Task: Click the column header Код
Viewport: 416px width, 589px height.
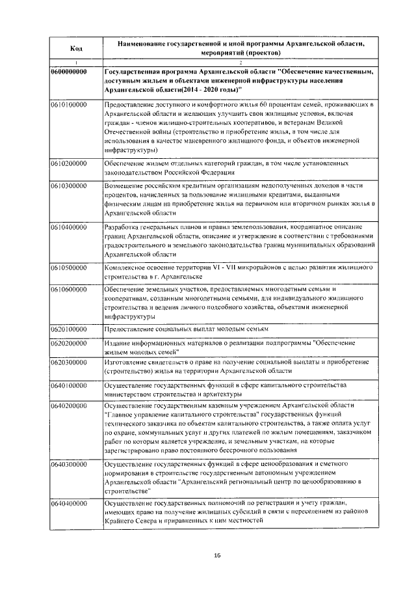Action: pyautogui.click(x=75, y=48)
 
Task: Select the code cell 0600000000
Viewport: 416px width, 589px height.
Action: pyautogui.click(x=69, y=71)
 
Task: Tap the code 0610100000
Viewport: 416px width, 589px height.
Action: pyautogui.click(x=69, y=104)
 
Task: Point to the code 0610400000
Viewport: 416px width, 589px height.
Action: pyautogui.click(x=69, y=226)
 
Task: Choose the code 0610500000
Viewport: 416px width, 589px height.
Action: pyautogui.click(x=69, y=267)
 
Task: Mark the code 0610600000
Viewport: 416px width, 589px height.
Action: pyautogui.click(x=69, y=289)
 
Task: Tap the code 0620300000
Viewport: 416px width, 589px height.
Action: pyautogui.click(x=69, y=361)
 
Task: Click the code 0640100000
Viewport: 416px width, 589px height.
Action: pyautogui.click(x=69, y=385)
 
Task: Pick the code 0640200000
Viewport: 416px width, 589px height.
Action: pyautogui.click(x=69, y=405)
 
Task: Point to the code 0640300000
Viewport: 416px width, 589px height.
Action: pyautogui.click(x=69, y=465)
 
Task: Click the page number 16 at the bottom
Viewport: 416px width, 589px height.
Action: pyautogui.click(x=218, y=555)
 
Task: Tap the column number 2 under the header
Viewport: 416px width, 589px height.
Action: pyautogui.click(x=240, y=62)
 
